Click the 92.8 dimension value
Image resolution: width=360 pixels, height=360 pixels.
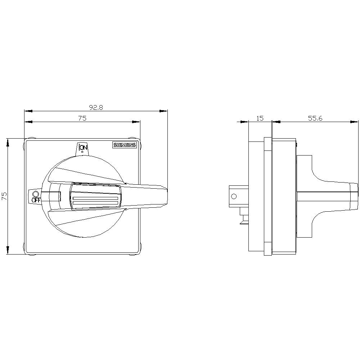[96, 107]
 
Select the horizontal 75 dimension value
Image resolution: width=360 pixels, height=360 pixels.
[82, 118]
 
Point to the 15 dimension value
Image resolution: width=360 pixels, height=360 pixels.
[260, 118]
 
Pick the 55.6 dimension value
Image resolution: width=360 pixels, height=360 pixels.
[315, 118]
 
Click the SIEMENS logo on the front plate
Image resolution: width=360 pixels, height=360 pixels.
[125, 145]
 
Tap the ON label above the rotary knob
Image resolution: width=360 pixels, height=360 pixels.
[83, 147]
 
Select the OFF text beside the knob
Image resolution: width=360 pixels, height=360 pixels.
[36, 200]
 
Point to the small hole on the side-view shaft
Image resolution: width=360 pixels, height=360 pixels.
[234, 196]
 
